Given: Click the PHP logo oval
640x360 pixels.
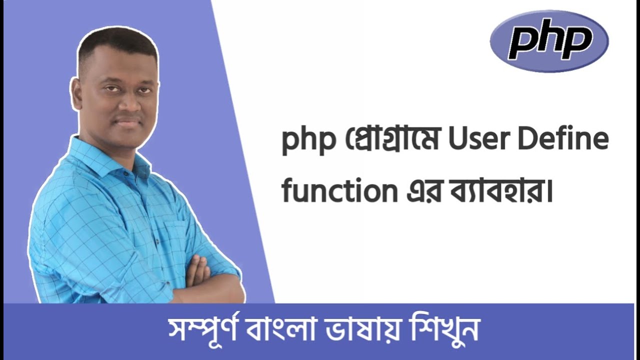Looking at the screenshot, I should [x=549, y=41].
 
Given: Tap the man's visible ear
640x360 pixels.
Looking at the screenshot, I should [x=76, y=92].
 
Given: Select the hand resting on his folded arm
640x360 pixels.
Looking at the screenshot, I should [x=200, y=270].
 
